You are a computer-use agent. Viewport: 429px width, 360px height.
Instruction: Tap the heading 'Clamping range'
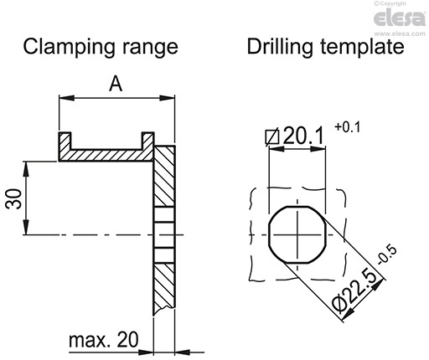click(101, 46)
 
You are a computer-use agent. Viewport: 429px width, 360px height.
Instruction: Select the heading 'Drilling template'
click(325, 46)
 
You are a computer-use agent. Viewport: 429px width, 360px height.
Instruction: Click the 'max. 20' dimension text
click(102, 340)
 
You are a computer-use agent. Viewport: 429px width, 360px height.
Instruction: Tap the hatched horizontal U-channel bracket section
click(105, 154)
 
